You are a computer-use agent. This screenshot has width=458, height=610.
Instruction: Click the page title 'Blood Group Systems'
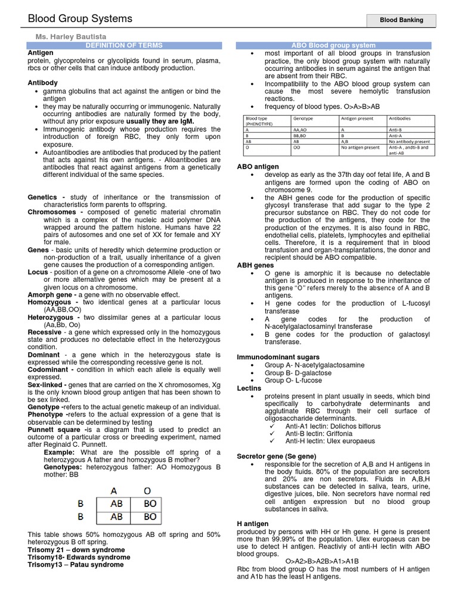[81, 19]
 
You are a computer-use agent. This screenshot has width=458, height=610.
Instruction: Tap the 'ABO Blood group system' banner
[333, 45]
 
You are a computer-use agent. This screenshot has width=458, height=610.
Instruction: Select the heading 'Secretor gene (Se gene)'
[277, 456]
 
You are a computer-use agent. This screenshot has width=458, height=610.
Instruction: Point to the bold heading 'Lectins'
[249, 388]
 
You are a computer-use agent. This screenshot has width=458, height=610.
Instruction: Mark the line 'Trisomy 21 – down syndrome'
[76, 550]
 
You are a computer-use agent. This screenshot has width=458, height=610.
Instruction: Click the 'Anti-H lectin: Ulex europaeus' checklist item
[330, 441]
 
